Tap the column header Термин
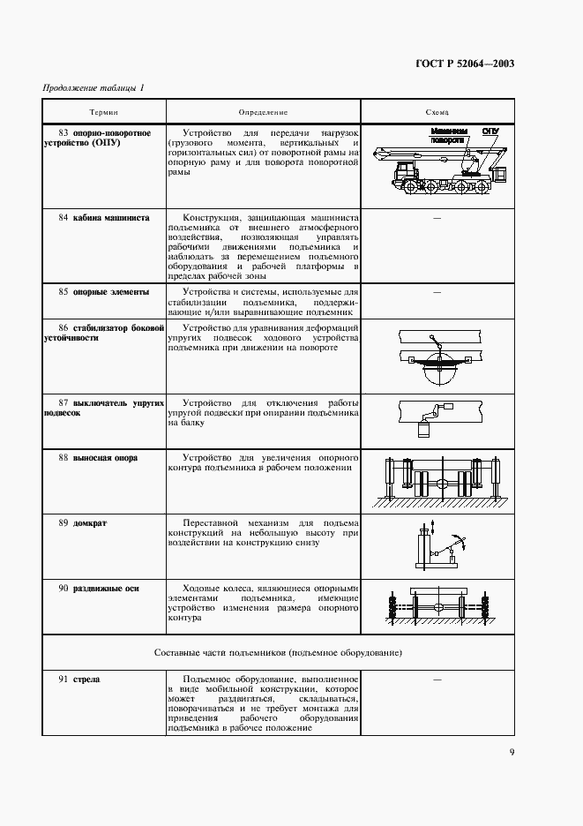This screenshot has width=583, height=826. [x=103, y=113]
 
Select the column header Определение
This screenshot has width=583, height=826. [x=263, y=113]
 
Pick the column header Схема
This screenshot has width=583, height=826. [x=437, y=113]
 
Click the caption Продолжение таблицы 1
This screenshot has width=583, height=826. [x=93, y=86]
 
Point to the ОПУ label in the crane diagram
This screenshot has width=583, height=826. [x=490, y=131]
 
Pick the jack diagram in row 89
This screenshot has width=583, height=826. [x=437, y=545]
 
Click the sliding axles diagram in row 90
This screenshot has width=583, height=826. [x=437, y=609]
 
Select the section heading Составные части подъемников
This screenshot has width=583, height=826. [x=277, y=654]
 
